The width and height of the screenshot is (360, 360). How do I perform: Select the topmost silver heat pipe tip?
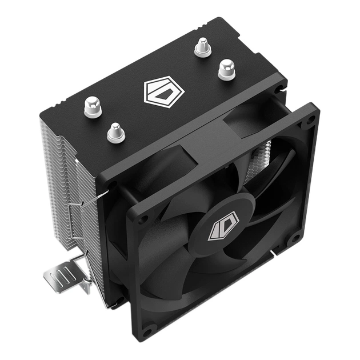pyautogui.click(x=202, y=47)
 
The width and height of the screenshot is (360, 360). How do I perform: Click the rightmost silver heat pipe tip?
pyautogui.click(x=226, y=69)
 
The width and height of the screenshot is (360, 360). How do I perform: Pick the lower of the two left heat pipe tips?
pyautogui.click(x=115, y=132)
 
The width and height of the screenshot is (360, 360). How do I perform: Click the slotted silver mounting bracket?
pyautogui.click(x=66, y=278)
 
